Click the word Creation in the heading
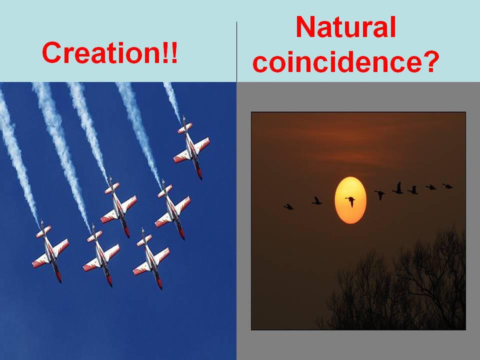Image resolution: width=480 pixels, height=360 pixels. click(x=101, y=52)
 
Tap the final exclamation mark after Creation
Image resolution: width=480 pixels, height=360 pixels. click(x=174, y=52)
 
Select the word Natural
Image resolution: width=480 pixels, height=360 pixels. click(x=346, y=27)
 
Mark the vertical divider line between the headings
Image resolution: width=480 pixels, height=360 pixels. click(x=236, y=51)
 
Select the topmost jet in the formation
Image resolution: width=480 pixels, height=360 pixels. click(x=191, y=148)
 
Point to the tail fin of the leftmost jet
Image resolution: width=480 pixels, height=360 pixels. click(x=42, y=230)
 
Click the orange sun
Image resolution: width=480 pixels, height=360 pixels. click(x=350, y=200)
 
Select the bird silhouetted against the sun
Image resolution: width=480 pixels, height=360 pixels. click(x=351, y=201)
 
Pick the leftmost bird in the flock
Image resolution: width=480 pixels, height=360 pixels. click(x=288, y=207)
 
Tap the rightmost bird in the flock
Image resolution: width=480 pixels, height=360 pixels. click(x=447, y=186)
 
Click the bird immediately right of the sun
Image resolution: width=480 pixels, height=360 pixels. click(x=380, y=194)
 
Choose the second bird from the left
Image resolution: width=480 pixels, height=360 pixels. click(x=316, y=201)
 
